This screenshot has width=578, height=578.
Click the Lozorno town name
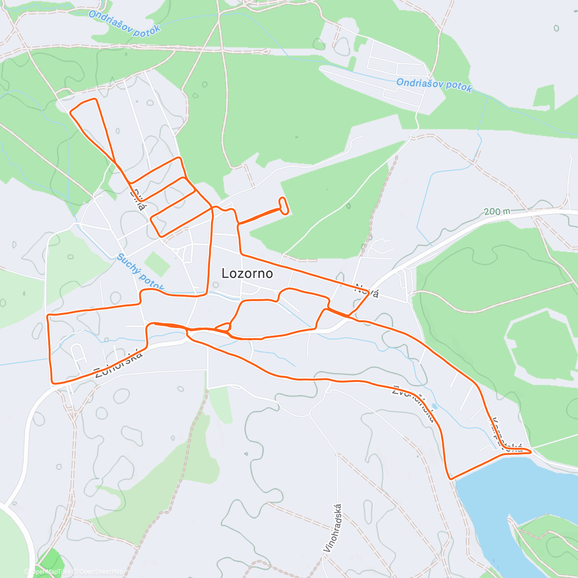click(247, 274)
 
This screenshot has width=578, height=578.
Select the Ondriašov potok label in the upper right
click(434, 85)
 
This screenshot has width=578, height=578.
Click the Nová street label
click(367, 291)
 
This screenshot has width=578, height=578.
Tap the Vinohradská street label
click(333, 528)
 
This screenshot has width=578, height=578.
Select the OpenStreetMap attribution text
click(101, 572)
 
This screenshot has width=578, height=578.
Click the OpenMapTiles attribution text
click(51, 572)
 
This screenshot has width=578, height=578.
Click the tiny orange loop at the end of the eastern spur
click(284, 205)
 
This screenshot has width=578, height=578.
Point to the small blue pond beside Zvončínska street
click(435, 406)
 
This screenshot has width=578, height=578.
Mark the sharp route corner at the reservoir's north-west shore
click(450, 478)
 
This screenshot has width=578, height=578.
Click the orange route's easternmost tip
click(531, 452)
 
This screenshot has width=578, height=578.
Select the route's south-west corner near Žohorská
click(53, 383)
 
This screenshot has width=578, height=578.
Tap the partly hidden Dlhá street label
click(138, 198)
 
